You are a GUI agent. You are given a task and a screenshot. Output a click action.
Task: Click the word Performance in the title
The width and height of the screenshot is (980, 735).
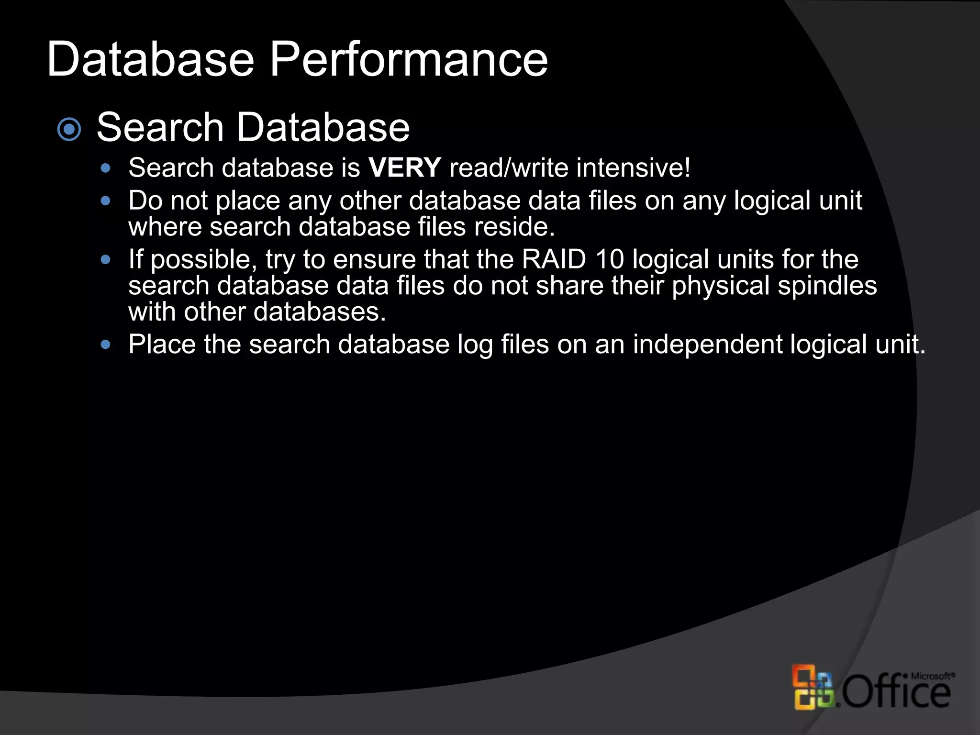tap(409, 60)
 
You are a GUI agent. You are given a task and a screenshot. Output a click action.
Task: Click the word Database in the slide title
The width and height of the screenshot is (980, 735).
tap(150, 60)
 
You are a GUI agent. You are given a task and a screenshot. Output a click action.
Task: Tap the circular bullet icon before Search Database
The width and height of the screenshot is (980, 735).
tap(69, 129)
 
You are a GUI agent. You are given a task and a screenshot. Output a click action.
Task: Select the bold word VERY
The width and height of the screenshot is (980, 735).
tap(404, 168)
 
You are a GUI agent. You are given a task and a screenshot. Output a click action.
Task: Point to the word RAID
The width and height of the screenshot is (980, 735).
tap(554, 260)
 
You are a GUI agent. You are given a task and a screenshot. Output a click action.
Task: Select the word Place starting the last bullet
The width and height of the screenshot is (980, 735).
tap(162, 345)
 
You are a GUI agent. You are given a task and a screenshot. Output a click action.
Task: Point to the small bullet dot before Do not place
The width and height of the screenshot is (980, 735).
tap(106, 200)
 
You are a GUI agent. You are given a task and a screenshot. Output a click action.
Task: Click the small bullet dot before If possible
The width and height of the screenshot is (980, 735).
tap(106, 260)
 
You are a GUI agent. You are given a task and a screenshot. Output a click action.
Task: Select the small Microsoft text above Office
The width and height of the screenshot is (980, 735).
tap(931, 676)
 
